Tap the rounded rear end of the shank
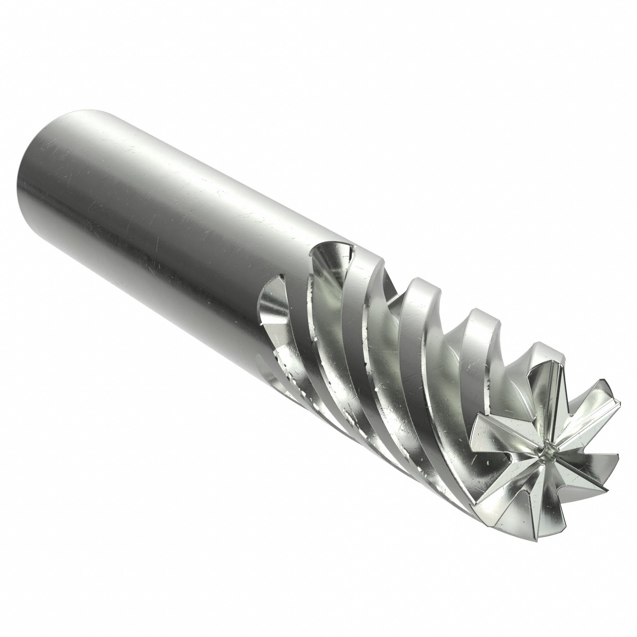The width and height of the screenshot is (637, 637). pyautogui.click(x=43, y=185)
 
